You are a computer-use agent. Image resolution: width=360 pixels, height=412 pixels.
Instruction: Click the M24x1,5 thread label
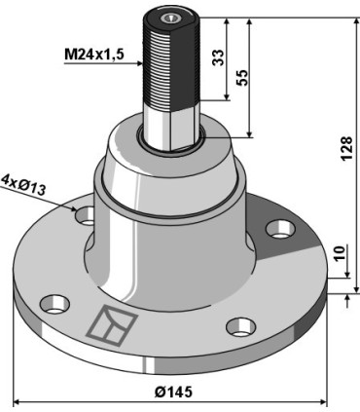coord(94,55)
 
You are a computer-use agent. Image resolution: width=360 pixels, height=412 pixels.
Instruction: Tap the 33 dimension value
coord(218,57)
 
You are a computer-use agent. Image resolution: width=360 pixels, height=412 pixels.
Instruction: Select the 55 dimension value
coord(242,78)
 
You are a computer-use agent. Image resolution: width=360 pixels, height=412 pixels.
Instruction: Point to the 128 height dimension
coord(346,148)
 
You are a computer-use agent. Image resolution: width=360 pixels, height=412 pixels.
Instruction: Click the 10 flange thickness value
coord(339,254)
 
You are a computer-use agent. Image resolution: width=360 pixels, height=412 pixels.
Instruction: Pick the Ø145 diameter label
coord(173,392)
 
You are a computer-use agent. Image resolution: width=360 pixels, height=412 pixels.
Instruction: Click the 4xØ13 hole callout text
coord(23,185)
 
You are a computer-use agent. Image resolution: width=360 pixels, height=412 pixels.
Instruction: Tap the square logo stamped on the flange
coord(111,323)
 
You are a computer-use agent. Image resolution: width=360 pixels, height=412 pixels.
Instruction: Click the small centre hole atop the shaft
coord(169,19)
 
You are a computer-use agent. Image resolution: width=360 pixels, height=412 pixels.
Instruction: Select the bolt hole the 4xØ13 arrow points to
coord(85,216)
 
